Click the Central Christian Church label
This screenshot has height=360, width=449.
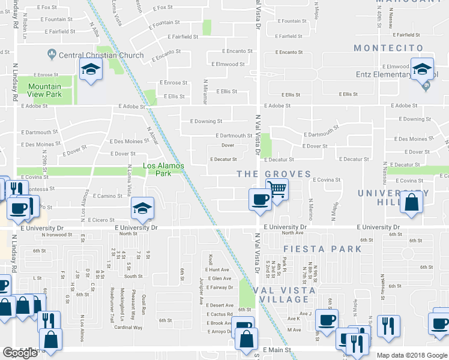coord(101,55)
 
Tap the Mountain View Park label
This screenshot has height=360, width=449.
coord(44,91)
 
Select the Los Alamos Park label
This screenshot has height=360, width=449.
coord(163,169)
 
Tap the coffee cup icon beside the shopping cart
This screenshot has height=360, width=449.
coord(260,199)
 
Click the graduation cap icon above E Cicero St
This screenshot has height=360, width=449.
coord(142,208)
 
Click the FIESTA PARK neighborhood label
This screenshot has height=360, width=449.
coord(327,248)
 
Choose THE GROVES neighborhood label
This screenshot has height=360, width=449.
coord(274,174)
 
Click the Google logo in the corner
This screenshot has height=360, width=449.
coord(20,353)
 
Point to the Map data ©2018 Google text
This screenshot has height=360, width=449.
coord(412,355)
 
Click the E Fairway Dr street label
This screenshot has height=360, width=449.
coord(218,287)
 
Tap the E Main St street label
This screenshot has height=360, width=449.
coord(276,349)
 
